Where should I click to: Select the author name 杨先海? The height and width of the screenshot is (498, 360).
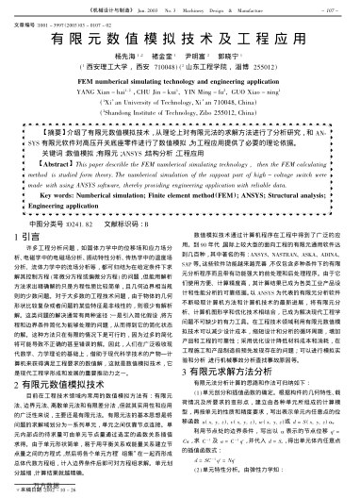117,60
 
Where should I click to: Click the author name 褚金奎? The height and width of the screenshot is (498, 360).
154,60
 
